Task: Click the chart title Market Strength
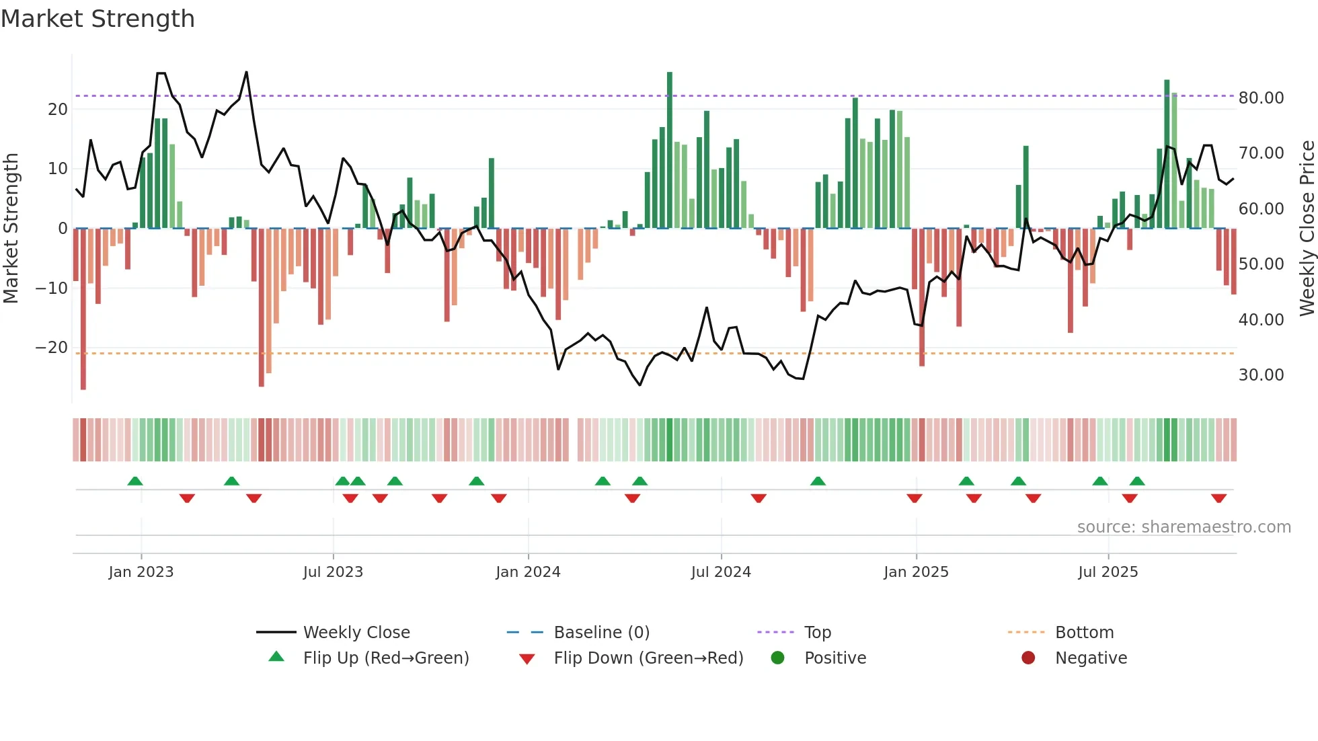click(x=98, y=19)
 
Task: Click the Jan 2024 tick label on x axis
click(x=528, y=572)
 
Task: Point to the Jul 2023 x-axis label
click(x=333, y=572)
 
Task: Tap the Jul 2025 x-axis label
click(x=1108, y=572)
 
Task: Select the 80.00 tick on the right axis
click(x=1261, y=98)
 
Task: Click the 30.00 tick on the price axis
click(x=1261, y=375)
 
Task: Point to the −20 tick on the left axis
click(x=52, y=348)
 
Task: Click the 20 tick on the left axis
click(x=58, y=110)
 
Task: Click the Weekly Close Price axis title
click(x=1307, y=229)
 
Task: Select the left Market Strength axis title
click(x=11, y=229)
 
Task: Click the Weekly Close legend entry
click(x=356, y=633)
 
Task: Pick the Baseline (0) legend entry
click(x=601, y=633)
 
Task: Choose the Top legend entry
click(x=817, y=633)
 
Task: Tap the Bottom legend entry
click(x=1084, y=633)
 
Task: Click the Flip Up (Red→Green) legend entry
click(x=385, y=658)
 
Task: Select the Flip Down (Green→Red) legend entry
click(x=648, y=658)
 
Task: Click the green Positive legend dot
click(x=778, y=658)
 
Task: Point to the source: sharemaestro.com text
click(x=1184, y=527)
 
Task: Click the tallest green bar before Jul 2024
click(x=670, y=149)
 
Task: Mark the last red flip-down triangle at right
click(x=1218, y=498)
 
